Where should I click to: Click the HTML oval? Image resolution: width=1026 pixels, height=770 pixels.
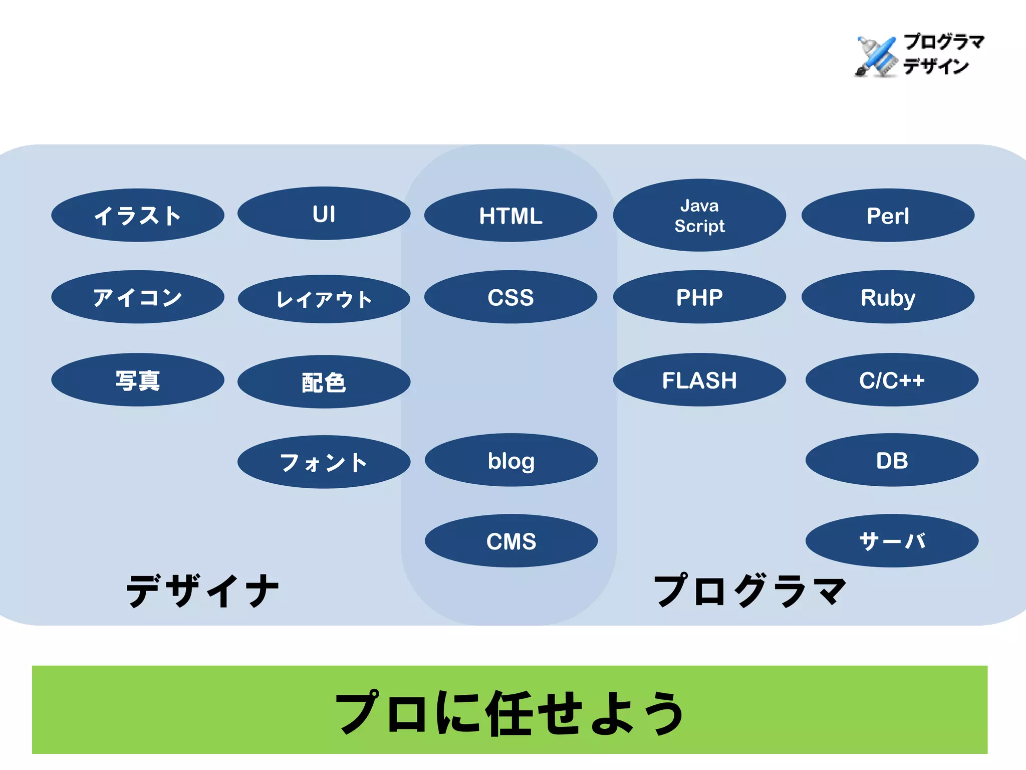click(x=510, y=216)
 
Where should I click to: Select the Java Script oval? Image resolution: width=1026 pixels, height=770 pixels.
click(x=699, y=216)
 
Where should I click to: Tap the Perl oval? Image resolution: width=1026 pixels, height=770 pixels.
click(x=888, y=216)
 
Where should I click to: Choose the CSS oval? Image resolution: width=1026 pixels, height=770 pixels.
click(x=510, y=297)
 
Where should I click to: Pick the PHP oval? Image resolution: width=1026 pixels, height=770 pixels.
click(x=699, y=297)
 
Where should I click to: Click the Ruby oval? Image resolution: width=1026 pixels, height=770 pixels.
click(x=888, y=297)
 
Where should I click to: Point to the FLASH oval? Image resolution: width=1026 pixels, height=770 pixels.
click(x=699, y=380)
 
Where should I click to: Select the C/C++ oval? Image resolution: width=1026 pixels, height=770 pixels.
click(x=892, y=380)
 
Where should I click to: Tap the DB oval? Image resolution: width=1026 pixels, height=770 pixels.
click(x=892, y=460)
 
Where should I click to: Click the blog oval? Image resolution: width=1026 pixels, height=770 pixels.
click(x=511, y=460)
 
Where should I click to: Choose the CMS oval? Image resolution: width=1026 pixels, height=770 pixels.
click(x=511, y=541)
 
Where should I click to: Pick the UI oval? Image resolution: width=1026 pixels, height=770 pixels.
click(x=324, y=214)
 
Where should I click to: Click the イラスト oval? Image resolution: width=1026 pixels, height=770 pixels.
click(x=137, y=216)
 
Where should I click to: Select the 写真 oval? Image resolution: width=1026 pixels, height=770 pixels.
click(x=137, y=380)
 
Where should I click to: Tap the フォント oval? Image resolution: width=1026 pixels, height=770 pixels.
click(x=324, y=462)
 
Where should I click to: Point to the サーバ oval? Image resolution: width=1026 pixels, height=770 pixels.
click(x=892, y=541)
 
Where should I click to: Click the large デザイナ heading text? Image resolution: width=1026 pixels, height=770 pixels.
click(x=202, y=591)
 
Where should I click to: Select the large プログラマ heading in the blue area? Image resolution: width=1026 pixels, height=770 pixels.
click(x=749, y=591)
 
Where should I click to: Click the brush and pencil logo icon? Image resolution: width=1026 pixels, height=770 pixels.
click(x=876, y=56)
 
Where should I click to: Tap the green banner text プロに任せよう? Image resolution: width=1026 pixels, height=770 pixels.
click(x=510, y=712)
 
